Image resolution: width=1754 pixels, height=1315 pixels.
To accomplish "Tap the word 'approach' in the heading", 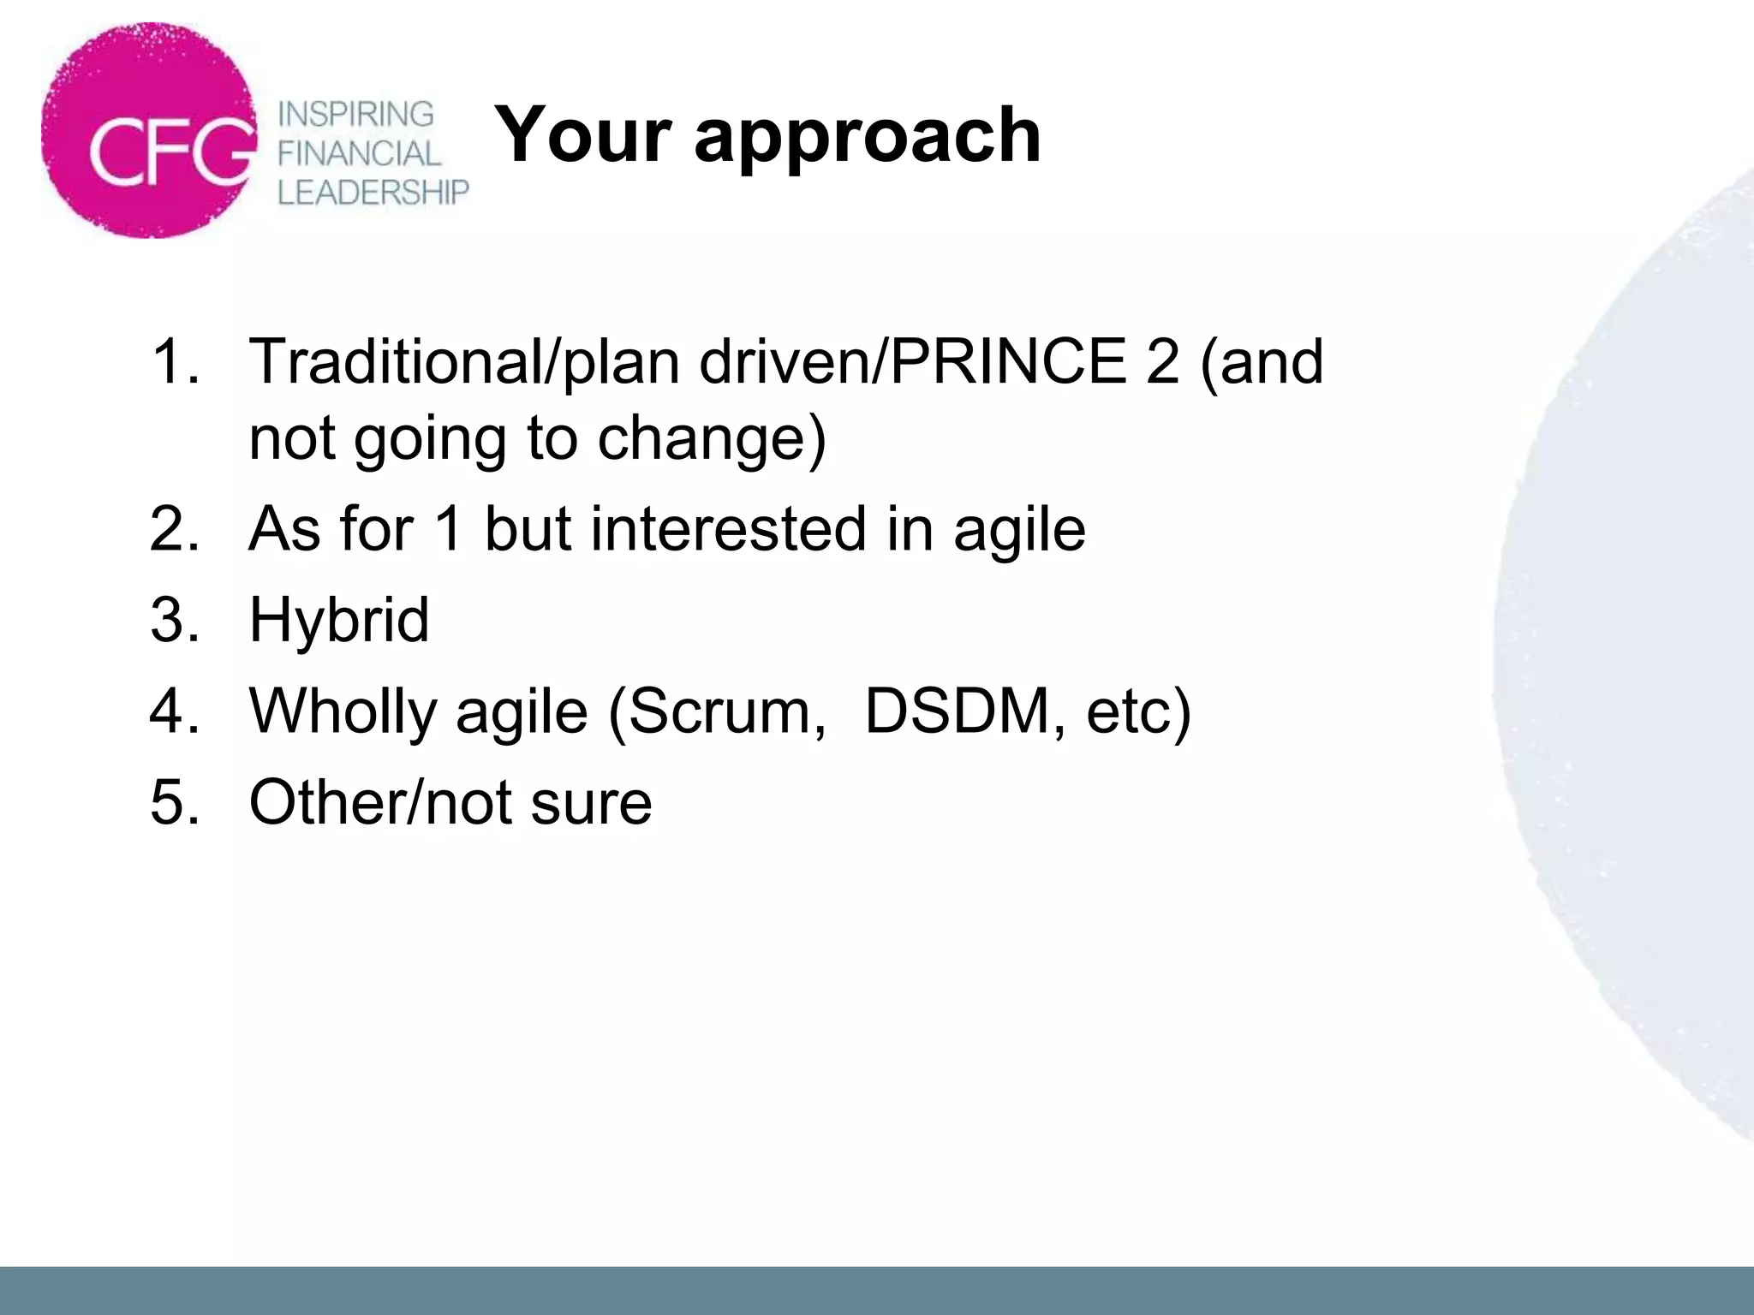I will [867, 137].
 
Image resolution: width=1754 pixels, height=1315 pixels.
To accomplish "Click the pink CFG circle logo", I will [150, 130].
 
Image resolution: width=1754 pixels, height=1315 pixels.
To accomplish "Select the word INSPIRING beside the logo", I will [356, 114].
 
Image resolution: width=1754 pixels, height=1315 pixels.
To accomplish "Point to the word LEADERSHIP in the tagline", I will [373, 193].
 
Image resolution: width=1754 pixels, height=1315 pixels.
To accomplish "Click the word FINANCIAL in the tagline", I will [359, 154].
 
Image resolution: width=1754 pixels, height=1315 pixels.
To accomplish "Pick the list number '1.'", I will [175, 361].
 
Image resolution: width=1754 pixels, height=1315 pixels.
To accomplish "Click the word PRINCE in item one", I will [1008, 361].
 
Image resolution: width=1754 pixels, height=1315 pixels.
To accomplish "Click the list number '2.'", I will [175, 529].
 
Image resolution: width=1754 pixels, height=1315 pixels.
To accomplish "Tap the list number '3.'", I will [175, 620].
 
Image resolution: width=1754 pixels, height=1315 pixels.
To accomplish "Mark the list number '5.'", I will [175, 803].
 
